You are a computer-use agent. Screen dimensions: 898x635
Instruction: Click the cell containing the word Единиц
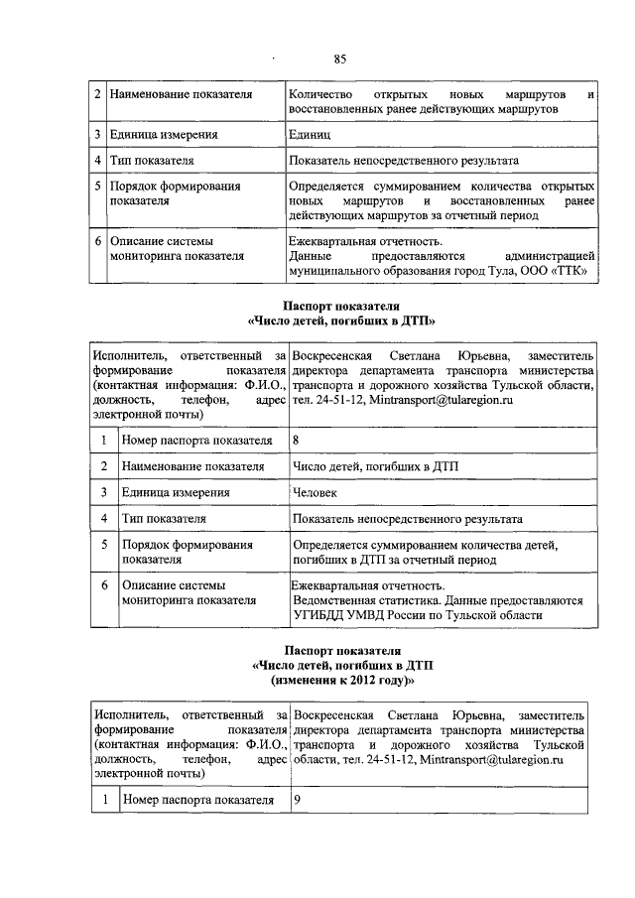(x=309, y=134)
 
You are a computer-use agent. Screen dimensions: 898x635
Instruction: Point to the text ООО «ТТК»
(x=561, y=269)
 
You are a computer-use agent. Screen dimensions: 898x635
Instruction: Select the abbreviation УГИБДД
(x=321, y=615)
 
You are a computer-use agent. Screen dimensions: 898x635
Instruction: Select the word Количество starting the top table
(x=319, y=93)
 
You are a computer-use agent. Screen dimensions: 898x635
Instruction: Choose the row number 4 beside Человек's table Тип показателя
(x=104, y=518)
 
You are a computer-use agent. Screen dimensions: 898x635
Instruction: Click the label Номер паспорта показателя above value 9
(x=196, y=800)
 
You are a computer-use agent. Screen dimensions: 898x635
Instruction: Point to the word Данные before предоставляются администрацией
(x=309, y=255)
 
